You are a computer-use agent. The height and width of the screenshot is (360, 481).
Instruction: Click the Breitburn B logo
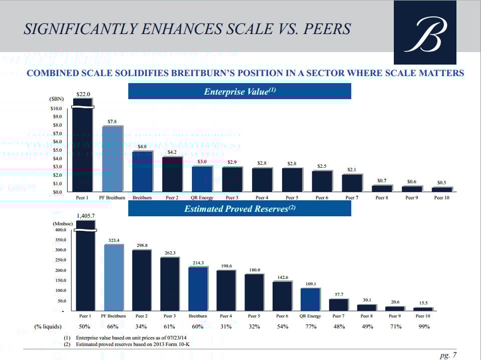coord(425,33)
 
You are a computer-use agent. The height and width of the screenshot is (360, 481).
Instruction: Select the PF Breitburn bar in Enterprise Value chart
coord(112,159)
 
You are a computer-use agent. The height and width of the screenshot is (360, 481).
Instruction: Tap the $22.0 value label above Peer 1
coord(83,94)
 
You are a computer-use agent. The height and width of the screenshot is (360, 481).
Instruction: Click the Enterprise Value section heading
coord(239,92)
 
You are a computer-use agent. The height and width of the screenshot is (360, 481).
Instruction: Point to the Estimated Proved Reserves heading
coord(239,209)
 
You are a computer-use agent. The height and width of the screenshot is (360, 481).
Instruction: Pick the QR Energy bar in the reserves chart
coord(310,299)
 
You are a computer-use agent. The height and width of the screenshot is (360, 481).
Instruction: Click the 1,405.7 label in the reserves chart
coord(86,217)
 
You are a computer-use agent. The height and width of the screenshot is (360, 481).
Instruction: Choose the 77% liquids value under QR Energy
coord(311,326)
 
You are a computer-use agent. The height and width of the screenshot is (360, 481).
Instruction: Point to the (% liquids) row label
coord(48,326)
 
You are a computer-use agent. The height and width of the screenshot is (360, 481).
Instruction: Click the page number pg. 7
coord(448,355)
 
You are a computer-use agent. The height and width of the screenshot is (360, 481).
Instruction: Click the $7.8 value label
coord(112,121)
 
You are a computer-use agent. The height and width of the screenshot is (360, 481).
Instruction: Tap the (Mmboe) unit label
coord(63,224)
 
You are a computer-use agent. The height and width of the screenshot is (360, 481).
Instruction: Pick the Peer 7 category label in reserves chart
coord(338,316)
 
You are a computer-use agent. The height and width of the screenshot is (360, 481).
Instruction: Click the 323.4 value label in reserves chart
coord(114,240)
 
